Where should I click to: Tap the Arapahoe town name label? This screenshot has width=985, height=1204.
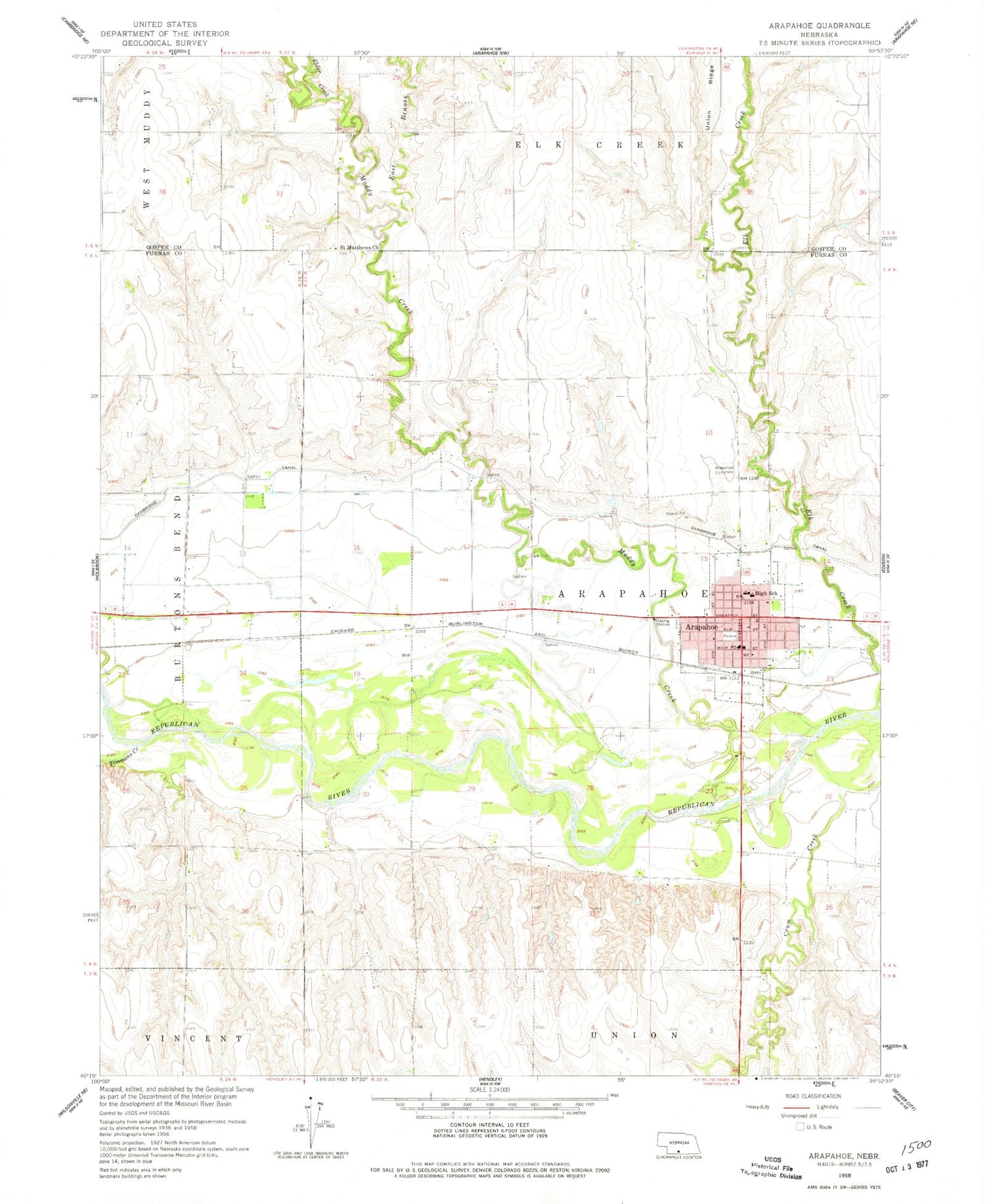pyautogui.click(x=701, y=627)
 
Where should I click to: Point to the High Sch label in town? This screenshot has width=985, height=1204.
pyautogui.click(x=766, y=594)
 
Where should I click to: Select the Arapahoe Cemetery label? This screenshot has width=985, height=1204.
pyautogui.click(x=724, y=470)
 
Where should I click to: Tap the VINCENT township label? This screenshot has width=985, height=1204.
pyautogui.click(x=193, y=1038)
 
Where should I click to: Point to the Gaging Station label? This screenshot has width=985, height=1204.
pyautogui.click(x=663, y=623)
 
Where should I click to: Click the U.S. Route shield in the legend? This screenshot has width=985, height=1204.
pyautogui.click(x=799, y=1126)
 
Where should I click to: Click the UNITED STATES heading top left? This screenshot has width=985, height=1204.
pyautogui.click(x=164, y=24)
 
